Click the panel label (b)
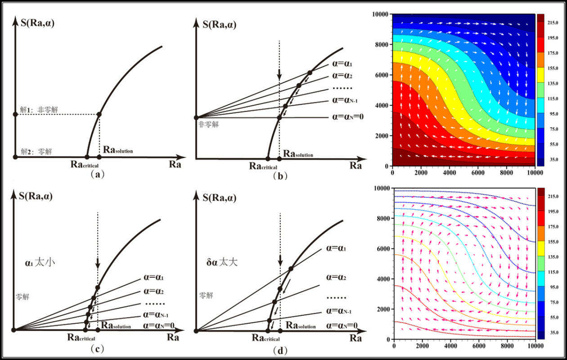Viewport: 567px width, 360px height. [280, 176]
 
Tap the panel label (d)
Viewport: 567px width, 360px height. [280, 350]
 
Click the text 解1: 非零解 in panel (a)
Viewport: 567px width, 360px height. [39, 109]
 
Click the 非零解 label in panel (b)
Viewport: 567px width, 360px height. [208, 125]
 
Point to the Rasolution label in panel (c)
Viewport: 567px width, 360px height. [116, 325]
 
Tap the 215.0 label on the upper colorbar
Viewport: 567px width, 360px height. [553, 22]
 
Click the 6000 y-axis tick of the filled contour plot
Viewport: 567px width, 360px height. [383, 75]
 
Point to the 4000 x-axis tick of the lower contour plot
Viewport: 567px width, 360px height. [451, 346]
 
